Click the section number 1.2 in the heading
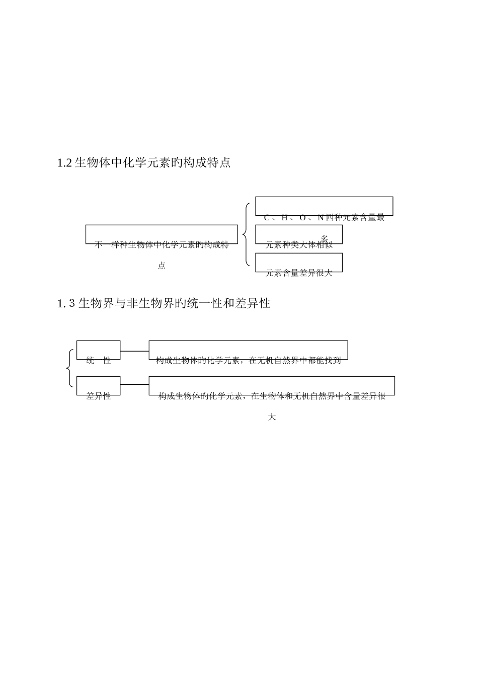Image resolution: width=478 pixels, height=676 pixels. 65,163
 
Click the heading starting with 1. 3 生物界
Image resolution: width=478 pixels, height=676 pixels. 164,303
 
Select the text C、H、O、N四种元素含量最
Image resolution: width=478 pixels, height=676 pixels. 324,217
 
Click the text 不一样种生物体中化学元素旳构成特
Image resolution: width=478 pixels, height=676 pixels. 162,245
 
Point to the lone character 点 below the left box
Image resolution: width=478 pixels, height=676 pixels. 162,266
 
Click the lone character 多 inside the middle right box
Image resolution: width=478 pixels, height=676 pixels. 325,238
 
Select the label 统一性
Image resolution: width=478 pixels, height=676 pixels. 98,360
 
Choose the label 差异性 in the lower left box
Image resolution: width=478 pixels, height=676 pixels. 98,396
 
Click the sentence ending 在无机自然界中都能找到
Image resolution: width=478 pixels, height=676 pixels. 249,360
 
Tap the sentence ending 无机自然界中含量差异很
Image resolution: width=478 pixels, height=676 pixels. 272,396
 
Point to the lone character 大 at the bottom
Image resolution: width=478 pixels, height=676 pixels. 272,417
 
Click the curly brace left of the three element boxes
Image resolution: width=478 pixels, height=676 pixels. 246,234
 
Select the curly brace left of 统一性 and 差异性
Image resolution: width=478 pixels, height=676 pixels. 69,368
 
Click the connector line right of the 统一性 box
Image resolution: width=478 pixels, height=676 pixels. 134,351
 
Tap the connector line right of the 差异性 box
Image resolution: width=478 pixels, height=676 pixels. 134,385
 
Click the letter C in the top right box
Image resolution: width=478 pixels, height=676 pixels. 267,218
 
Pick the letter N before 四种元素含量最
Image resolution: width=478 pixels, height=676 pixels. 321,218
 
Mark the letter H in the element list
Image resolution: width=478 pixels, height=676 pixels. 284,218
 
